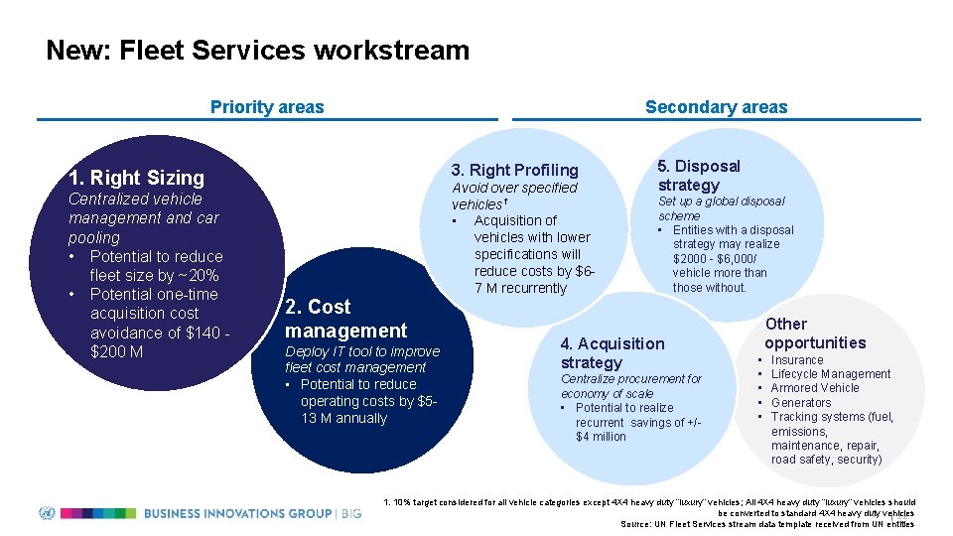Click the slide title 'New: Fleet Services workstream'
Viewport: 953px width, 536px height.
point(257,50)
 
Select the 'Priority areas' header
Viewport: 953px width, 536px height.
point(267,107)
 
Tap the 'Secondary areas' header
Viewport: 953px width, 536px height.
point(716,107)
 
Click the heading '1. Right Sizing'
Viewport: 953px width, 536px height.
point(136,178)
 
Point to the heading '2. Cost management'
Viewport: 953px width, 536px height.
point(345,319)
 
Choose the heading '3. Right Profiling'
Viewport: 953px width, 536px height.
point(514,170)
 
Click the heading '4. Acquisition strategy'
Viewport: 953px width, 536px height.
point(612,352)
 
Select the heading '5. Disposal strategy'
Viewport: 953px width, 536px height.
point(699,176)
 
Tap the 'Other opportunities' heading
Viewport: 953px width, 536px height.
point(814,333)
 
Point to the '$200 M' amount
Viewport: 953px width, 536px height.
point(116,351)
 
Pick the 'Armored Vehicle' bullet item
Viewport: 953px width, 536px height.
point(815,388)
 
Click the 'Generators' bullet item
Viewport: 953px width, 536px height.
point(801,403)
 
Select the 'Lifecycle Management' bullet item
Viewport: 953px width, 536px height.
point(831,374)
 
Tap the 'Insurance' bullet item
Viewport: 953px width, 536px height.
point(797,360)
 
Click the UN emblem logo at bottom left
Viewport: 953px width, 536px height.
point(47,513)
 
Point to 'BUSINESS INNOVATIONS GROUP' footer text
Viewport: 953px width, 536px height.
point(238,513)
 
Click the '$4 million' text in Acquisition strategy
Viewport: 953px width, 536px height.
point(601,437)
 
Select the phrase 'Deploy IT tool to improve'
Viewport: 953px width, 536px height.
point(361,351)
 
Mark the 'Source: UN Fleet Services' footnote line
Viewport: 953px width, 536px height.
point(766,524)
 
